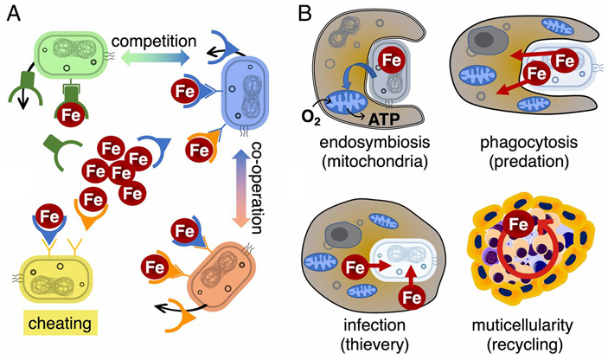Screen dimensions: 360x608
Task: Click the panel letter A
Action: coord(14,15)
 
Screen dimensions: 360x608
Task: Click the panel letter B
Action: coord(304,15)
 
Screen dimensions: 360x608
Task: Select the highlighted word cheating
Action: coord(48,326)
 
